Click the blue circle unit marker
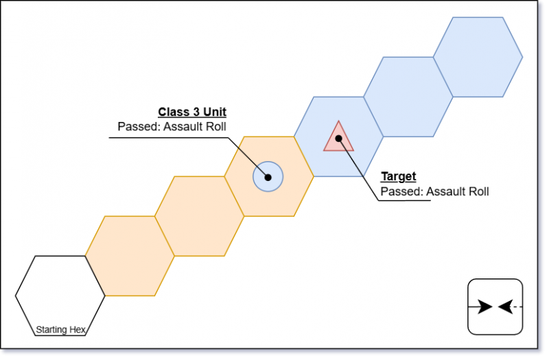268,177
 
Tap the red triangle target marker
338,138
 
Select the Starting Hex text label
60,330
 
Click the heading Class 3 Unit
192,112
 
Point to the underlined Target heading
398,177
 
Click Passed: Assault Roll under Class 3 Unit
172,126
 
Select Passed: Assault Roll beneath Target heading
434,191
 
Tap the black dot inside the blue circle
268,177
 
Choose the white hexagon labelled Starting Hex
60,295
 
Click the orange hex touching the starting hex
130,256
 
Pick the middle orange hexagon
200,216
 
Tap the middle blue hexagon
408,97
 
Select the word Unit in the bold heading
213,112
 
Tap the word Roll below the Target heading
477,191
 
